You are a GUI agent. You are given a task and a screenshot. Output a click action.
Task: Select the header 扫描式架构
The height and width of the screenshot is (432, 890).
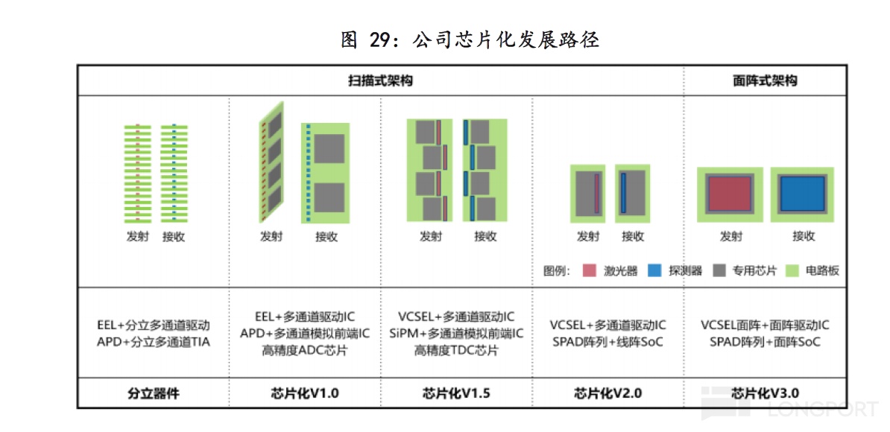[x=380, y=80]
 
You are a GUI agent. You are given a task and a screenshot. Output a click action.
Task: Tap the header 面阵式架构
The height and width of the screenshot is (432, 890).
[x=765, y=80]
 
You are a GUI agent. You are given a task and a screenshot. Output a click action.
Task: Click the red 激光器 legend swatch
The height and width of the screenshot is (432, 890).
[x=589, y=270]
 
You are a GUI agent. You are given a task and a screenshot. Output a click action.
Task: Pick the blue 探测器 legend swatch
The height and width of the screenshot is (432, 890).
[x=654, y=270]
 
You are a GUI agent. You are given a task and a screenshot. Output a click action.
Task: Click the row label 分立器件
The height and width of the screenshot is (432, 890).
[x=153, y=393]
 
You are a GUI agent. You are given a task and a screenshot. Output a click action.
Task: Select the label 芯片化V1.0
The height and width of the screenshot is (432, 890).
[x=304, y=393]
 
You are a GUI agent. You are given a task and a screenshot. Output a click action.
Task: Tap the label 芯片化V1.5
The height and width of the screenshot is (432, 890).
[x=456, y=393]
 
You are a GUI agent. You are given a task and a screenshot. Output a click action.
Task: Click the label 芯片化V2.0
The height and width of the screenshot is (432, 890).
[x=607, y=393]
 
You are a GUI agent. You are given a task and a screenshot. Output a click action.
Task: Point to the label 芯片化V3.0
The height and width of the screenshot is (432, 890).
[x=765, y=393]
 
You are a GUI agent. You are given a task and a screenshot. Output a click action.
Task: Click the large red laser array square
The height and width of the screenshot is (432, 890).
[x=729, y=194]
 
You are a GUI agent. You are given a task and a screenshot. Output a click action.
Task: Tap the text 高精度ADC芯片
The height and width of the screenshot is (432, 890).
[x=304, y=350]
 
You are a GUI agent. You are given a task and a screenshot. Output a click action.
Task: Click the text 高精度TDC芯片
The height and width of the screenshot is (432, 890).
[x=456, y=350]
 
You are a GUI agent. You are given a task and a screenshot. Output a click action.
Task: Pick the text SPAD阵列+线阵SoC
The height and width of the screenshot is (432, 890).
[x=607, y=342]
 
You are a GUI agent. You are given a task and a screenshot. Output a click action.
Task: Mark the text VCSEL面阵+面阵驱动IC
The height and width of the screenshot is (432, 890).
[x=765, y=325]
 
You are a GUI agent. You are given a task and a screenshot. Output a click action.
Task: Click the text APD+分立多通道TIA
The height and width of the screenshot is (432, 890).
[x=153, y=342]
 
